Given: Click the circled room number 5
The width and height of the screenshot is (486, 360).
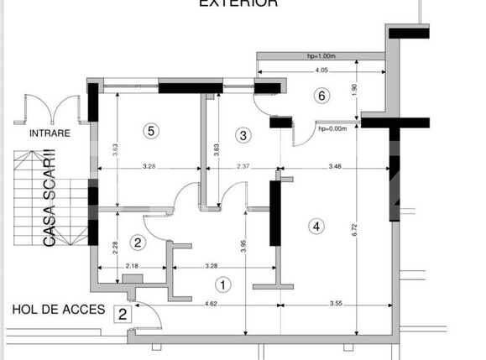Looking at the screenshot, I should pyautogui.click(x=150, y=130).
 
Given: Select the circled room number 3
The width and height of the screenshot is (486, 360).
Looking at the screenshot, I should pyautogui.click(x=243, y=134).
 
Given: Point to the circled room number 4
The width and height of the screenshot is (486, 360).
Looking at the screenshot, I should pyautogui.click(x=316, y=226).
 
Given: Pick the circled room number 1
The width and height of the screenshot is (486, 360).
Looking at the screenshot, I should pyautogui.click(x=222, y=284).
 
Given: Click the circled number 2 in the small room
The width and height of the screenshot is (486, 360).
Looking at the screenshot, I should pyautogui.click(x=139, y=243).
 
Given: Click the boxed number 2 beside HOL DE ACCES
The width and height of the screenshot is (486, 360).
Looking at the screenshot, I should pyautogui.click(x=123, y=315).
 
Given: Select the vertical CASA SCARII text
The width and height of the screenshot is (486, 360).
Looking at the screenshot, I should pyautogui.click(x=50, y=198).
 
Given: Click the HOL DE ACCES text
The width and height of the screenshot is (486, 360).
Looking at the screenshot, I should pyautogui.click(x=59, y=310).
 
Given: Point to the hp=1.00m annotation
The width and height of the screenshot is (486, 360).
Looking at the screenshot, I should pyautogui.click(x=321, y=57).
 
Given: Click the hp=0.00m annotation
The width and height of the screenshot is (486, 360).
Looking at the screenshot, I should pyautogui.click(x=332, y=128).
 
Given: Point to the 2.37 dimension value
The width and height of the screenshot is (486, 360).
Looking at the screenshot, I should pyautogui.click(x=244, y=165).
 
